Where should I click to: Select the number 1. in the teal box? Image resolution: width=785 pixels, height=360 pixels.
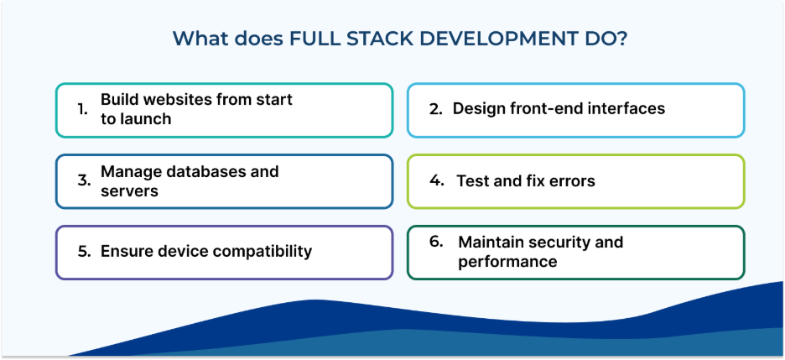[82, 109]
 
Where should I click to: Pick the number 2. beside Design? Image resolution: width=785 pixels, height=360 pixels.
[435, 109]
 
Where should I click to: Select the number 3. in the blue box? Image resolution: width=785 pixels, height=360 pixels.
[83, 180]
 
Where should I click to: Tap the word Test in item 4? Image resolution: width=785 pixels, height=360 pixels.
[472, 180]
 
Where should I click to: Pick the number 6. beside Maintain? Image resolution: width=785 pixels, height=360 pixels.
[435, 242]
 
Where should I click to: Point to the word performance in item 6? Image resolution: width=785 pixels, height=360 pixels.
[507, 262]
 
